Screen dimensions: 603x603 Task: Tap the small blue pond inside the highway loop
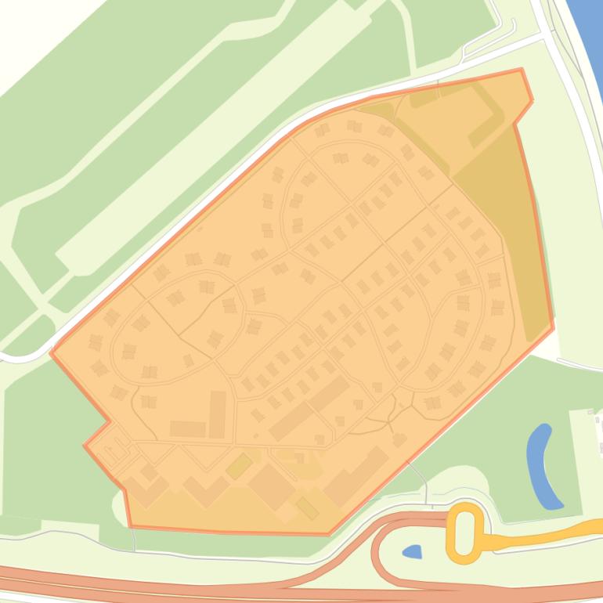click(x=412, y=552)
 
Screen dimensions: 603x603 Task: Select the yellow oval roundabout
click(x=464, y=533)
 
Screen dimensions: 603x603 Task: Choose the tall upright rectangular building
click(x=217, y=413)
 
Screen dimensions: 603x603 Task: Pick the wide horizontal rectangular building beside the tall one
click(x=187, y=429)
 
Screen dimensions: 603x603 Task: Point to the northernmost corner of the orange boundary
click(x=521, y=70)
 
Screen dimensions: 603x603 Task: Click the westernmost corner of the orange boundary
click(x=52, y=352)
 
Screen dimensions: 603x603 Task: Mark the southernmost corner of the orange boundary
click(x=329, y=534)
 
